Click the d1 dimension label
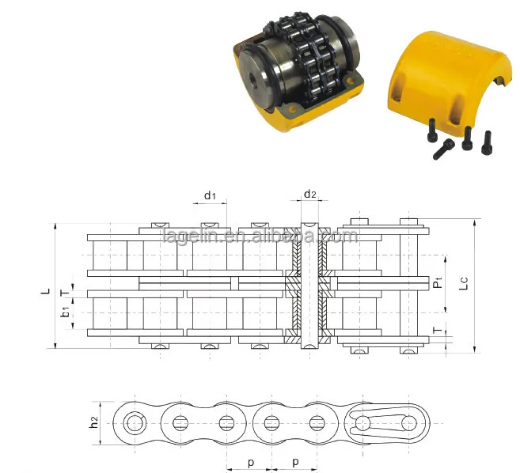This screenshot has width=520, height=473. point(209,195)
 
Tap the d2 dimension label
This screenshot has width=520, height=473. point(309,195)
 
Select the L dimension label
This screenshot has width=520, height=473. point(45,291)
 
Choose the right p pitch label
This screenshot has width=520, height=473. point(294,460)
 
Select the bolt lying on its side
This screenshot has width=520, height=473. point(444,148)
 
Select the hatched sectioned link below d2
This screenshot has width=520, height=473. point(309,285)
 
